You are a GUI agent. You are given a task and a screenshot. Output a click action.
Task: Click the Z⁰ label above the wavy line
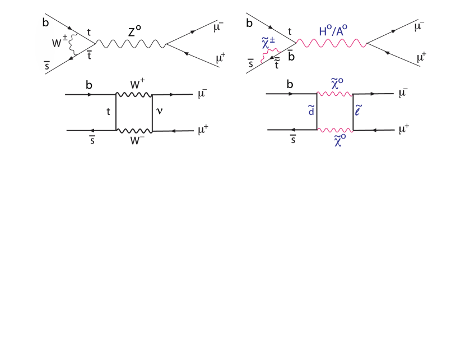point(134,32)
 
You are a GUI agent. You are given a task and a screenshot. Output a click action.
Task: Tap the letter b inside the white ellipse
point(45,22)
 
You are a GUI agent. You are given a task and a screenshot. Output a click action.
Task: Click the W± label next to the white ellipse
point(60,43)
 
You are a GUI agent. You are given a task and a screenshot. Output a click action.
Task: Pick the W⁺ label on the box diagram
point(137,85)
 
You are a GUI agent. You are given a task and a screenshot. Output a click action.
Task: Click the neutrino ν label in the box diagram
point(160,112)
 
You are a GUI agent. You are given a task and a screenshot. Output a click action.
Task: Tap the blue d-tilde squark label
point(311,111)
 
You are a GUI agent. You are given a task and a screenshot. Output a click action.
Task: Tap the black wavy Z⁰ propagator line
point(130,43)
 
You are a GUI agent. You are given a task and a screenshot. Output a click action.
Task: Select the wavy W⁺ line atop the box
point(134,95)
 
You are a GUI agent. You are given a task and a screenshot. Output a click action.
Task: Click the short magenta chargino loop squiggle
point(272,53)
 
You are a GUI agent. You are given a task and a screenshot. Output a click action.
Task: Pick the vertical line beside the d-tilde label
point(317,112)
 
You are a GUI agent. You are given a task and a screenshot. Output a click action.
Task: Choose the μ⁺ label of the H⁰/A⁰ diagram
point(422,57)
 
